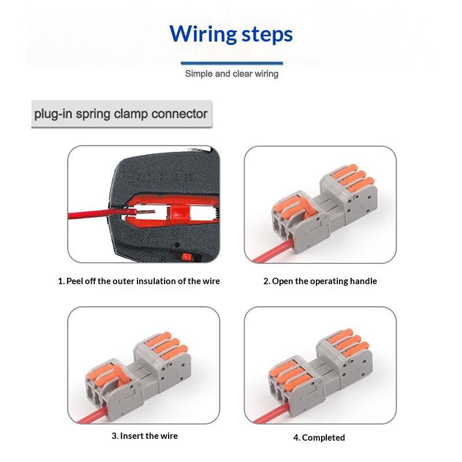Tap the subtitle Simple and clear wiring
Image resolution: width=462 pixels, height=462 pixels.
[232, 74]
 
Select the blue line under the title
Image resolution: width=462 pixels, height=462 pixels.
[232, 63]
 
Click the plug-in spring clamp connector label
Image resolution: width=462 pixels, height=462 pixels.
[121, 114]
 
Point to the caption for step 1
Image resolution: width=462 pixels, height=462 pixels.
[139, 281]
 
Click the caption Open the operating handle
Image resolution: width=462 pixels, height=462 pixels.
[320, 281]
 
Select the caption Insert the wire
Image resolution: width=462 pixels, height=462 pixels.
[144, 435]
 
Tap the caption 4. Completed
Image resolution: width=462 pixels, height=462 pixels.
[319, 437]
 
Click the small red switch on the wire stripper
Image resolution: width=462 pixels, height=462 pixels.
[187, 256]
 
